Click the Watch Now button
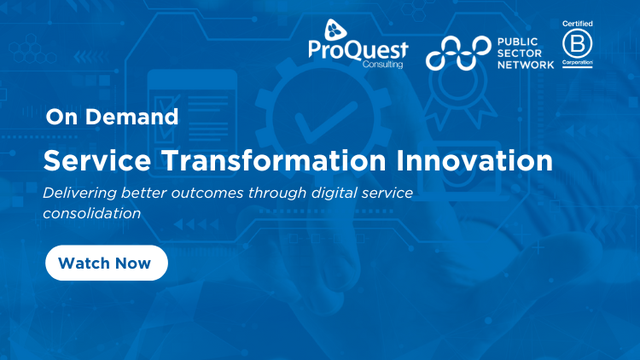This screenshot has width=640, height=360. (105, 263)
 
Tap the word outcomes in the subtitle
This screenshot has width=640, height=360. (227, 191)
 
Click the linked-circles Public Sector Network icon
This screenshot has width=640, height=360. (457, 52)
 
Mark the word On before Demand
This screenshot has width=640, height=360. (60, 117)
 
